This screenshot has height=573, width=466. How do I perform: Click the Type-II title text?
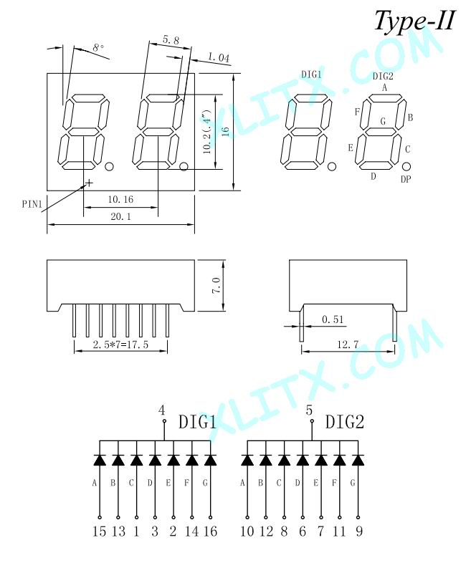pos(415,21)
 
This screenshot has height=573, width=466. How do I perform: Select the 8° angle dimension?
pos(98,48)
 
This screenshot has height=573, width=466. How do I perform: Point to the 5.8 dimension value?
pos(171,40)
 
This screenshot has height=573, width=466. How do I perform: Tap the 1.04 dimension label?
pos(219,57)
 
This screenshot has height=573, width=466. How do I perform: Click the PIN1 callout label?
pos(32,204)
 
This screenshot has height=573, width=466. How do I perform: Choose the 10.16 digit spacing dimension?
pos(120,199)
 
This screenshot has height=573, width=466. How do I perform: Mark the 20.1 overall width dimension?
pos(120,216)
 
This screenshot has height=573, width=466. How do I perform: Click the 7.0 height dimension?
pos(216,285)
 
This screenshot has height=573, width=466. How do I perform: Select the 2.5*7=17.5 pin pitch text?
pos(120,345)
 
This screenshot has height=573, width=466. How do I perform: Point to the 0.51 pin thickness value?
pos(333,319)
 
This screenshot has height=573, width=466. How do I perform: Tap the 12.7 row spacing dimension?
pos(348,345)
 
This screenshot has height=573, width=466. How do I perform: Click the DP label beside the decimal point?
pos(406,179)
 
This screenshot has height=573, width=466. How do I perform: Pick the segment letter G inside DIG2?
pos(383,121)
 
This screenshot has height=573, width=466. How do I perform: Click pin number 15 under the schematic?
pos(99,531)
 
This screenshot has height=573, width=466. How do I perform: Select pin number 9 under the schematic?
pos(359,531)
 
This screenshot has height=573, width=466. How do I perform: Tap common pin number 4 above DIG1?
pos(162,410)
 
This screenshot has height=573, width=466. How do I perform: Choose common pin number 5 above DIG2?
pos(310,410)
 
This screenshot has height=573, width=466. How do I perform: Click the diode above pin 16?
pos(210,460)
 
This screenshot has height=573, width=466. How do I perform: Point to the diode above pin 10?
pos(247,460)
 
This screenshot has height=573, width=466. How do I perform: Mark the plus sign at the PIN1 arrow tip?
pos(88,183)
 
